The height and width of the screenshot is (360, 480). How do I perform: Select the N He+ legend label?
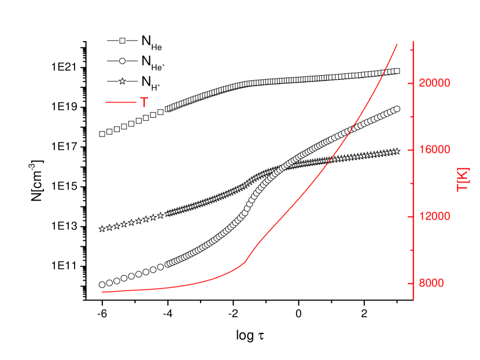point(153,61)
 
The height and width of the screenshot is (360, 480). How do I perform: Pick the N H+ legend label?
point(151,81)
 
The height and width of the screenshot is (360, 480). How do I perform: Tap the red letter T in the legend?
point(143,103)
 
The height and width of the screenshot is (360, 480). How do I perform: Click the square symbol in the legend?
point(122,41)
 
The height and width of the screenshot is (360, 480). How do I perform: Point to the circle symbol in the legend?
point(122,61)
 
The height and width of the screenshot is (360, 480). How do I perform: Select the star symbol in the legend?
point(122,81)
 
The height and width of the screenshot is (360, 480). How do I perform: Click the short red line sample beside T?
point(120,103)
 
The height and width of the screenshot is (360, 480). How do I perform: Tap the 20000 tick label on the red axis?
point(435,83)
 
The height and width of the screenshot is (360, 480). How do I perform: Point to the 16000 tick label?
point(435,150)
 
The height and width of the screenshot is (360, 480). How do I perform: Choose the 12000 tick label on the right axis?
point(435,217)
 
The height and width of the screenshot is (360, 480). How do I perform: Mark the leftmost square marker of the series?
point(102,134)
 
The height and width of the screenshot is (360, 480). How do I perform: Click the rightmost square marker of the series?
point(397,71)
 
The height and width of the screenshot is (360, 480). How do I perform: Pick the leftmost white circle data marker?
point(102,284)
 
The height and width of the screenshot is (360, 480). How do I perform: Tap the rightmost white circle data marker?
point(397,109)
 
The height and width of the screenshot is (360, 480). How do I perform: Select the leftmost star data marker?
point(102,229)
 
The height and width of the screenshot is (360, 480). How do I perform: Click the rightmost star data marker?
point(397,151)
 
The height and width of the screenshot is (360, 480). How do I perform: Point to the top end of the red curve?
point(397,44)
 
